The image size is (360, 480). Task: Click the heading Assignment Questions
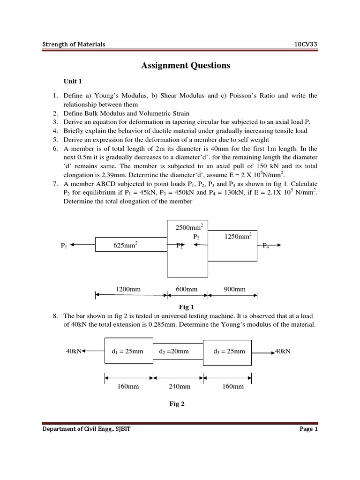tap(186, 66)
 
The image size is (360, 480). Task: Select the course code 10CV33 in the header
tap(306, 44)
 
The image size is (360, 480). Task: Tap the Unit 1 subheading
tap(73, 81)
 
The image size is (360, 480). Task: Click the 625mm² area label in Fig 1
tap(125, 245)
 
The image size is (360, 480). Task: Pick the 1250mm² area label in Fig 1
tap(238, 236)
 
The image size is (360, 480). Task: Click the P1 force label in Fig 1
tap(64, 245)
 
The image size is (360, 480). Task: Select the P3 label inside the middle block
tap(196, 237)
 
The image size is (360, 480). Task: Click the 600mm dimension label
tap(187, 289)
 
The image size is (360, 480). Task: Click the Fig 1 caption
tap(187, 307)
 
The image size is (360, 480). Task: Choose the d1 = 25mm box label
tap(127, 351)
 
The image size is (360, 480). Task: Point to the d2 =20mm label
tap(174, 351)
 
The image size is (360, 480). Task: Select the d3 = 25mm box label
tap(229, 351)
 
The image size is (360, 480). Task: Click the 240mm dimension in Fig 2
tap(179, 386)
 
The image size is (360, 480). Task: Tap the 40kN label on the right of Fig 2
tap(283, 351)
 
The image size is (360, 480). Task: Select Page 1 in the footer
tap(308, 428)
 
